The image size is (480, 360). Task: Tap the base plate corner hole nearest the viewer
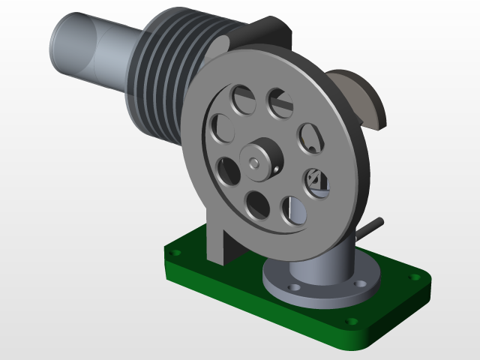tap(351, 323)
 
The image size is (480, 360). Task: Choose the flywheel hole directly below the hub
tap(257, 204)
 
